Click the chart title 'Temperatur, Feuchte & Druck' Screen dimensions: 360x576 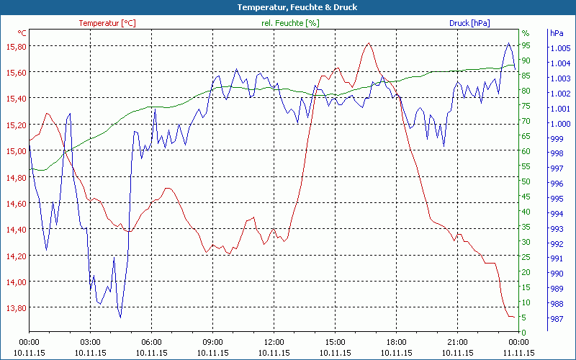(x=287, y=7)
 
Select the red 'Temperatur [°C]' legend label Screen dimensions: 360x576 (x=107, y=23)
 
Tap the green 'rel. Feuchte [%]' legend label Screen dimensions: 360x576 (x=289, y=23)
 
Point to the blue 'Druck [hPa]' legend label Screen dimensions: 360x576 (x=469, y=23)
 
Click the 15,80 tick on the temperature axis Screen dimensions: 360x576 (x=15, y=46)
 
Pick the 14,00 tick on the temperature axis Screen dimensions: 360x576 (x=15, y=282)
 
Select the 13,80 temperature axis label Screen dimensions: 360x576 (x=15, y=308)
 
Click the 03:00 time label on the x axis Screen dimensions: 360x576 (x=90, y=342)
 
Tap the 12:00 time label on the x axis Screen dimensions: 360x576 (x=274, y=342)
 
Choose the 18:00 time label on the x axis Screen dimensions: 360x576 (x=396, y=342)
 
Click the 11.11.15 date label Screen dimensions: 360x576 (x=518, y=353)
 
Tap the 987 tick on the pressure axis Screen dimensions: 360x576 (x=557, y=318)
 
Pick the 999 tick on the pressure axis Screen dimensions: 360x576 (x=557, y=138)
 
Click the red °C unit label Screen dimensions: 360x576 (x=22, y=33)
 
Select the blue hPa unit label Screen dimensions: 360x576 (x=556, y=33)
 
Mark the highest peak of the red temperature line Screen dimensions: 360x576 (x=369, y=43)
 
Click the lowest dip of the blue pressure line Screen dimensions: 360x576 (x=120, y=317)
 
